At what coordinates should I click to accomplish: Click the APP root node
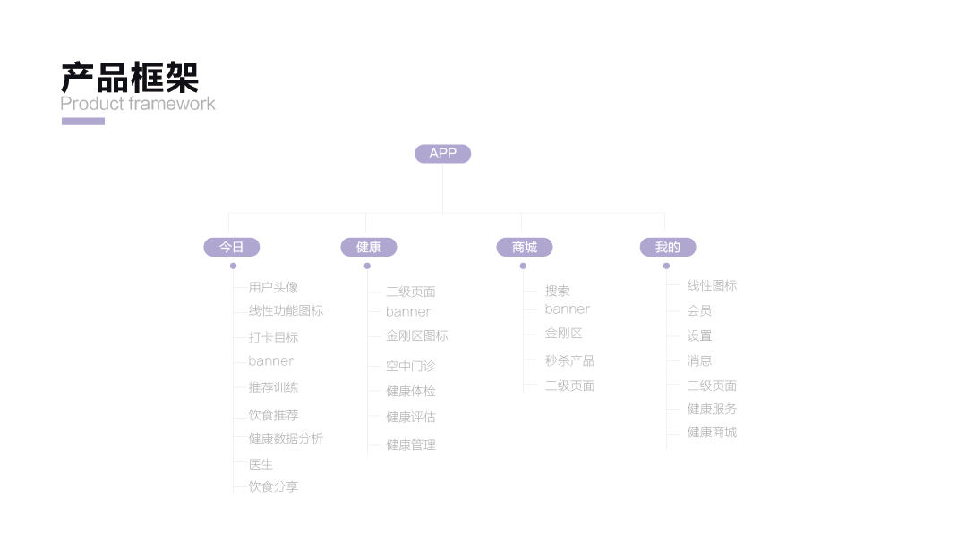[x=442, y=154]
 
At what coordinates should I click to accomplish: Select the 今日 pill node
[x=231, y=248]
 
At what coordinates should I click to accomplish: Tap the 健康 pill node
[x=368, y=248]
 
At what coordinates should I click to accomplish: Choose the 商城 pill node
[x=524, y=248]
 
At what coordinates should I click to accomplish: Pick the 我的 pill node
[x=667, y=248]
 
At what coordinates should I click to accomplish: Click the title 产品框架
[x=130, y=78]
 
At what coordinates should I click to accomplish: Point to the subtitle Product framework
[x=138, y=104]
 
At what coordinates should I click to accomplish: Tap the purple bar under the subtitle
[x=82, y=122]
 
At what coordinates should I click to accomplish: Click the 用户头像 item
[x=273, y=288]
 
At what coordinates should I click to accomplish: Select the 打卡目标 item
[x=273, y=338]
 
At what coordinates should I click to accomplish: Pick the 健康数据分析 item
[x=286, y=439]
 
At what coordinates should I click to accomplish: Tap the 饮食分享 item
[x=273, y=487]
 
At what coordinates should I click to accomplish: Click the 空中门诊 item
[x=410, y=367]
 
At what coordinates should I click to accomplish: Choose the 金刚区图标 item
[x=416, y=336]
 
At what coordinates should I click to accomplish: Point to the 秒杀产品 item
[x=569, y=361]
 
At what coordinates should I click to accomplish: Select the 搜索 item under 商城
[x=557, y=292]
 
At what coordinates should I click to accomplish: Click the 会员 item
[x=699, y=311]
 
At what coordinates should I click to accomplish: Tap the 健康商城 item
[x=712, y=433]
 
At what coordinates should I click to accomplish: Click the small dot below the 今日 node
[x=233, y=266]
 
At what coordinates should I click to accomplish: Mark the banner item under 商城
[x=567, y=309]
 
